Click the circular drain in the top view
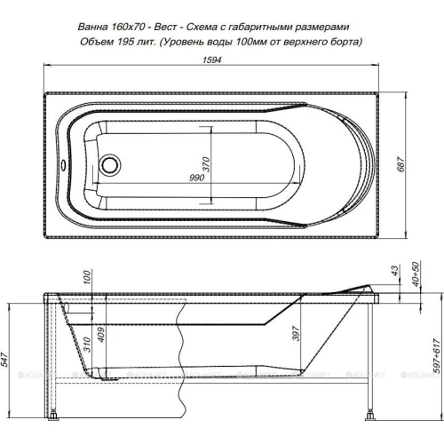113,164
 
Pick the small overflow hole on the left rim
60,162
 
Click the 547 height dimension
8,358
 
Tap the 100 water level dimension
87,281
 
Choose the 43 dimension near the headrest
394,271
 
